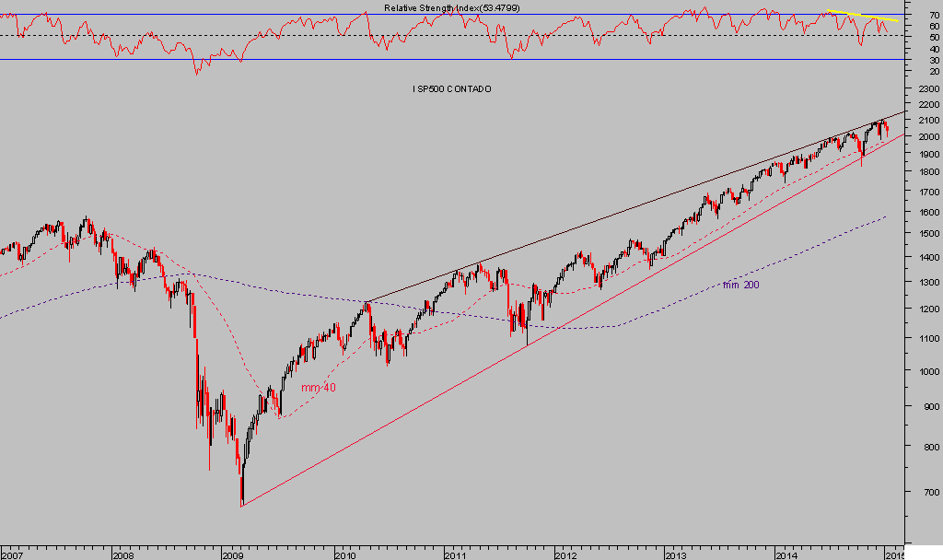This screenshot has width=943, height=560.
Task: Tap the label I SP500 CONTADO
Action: [451, 88]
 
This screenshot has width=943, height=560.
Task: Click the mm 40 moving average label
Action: [319, 388]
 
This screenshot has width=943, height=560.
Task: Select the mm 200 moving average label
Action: [741, 285]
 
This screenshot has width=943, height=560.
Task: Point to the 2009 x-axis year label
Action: [234, 554]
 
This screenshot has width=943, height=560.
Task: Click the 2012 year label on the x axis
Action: [565, 554]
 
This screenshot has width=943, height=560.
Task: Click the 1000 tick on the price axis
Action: [928, 371]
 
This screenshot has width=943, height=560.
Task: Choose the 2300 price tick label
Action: [928, 89]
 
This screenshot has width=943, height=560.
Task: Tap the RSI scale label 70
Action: [934, 16]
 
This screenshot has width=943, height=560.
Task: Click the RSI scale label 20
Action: [934, 70]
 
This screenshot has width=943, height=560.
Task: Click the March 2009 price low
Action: [241, 503]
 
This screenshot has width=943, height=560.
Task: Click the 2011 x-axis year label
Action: [455, 554]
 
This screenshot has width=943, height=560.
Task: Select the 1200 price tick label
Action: [928, 309]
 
